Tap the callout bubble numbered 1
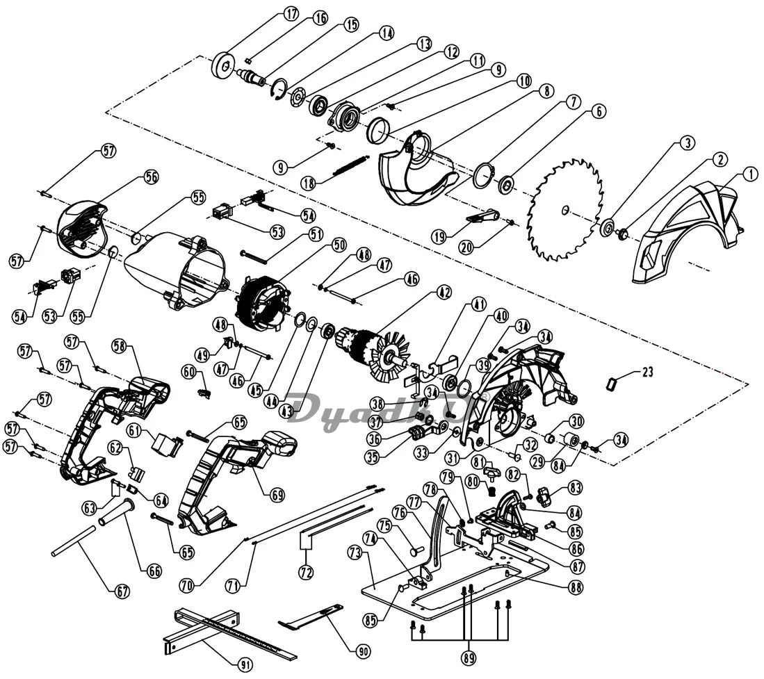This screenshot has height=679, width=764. click(x=751, y=174)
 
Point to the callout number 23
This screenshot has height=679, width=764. click(x=647, y=373)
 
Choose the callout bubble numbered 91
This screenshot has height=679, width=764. click(x=245, y=664)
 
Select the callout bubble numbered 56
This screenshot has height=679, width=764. click(x=151, y=177)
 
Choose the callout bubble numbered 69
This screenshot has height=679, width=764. click(x=277, y=495)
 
